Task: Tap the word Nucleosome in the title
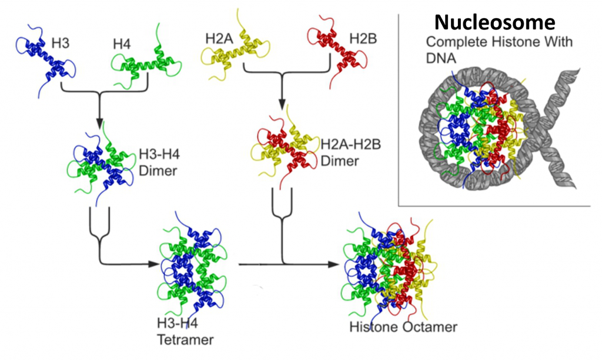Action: click(x=494, y=22)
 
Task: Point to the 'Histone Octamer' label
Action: click(x=403, y=327)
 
